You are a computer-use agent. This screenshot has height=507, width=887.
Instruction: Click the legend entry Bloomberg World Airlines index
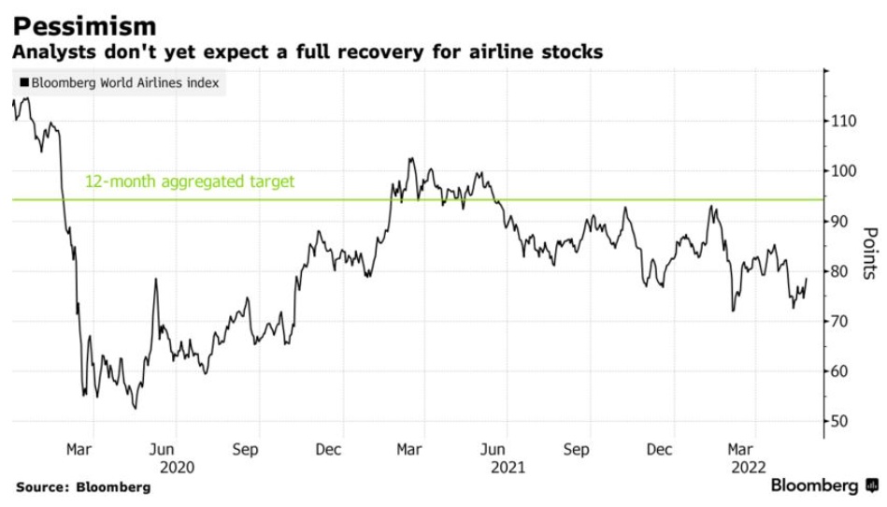(x=120, y=82)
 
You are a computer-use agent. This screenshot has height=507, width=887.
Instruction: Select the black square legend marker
(x=23, y=82)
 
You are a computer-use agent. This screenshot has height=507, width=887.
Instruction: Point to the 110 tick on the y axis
(x=846, y=121)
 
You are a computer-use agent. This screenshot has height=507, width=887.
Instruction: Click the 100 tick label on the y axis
(x=846, y=170)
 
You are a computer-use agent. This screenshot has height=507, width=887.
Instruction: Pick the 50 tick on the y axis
(x=843, y=421)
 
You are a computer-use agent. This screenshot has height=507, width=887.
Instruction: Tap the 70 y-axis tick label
(x=843, y=321)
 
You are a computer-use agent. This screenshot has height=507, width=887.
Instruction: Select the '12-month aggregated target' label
(x=190, y=181)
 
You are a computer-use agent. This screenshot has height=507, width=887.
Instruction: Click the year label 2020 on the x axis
(x=178, y=465)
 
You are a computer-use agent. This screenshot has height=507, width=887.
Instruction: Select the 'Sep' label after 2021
(x=577, y=449)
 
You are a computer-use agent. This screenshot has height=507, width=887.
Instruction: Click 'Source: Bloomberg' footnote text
(x=82, y=487)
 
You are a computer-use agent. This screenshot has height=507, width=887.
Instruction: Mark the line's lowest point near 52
(x=136, y=408)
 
